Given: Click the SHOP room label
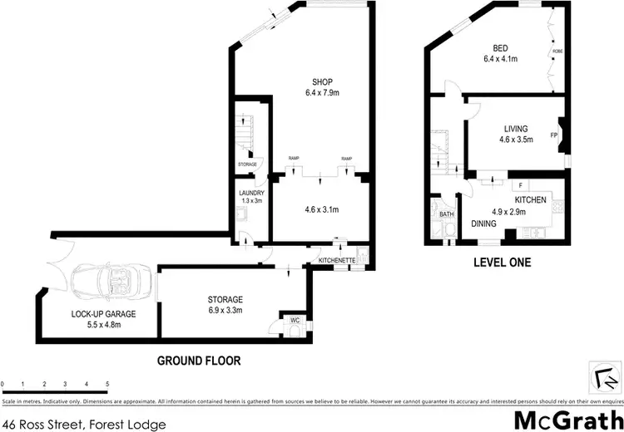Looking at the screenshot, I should (x=322, y=81).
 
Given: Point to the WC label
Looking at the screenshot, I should (x=295, y=319).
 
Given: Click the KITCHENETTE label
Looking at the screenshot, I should (x=337, y=262).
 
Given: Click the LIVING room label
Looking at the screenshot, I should (x=516, y=128).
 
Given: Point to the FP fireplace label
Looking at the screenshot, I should (x=553, y=135).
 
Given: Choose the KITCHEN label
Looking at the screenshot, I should (x=530, y=201).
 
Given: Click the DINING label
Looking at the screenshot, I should (x=483, y=223).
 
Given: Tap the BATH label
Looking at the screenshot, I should (x=446, y=214).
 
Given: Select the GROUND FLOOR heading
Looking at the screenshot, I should (x=198, y=361).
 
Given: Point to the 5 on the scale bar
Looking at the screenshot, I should (x=107, y=384).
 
